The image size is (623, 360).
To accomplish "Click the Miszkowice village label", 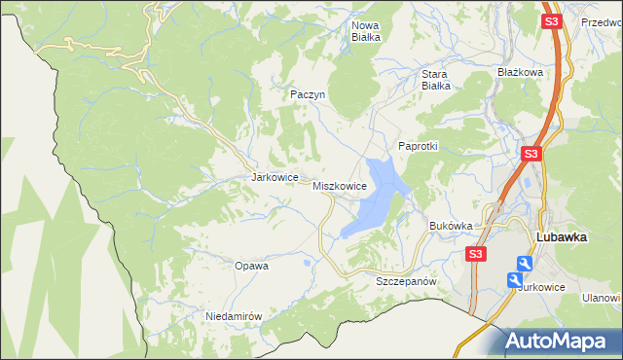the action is point(340,185).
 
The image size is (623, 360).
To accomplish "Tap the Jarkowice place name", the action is point(274,178).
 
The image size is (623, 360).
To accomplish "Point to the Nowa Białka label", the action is point(366,30).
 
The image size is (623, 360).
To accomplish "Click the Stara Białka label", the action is point(434,79).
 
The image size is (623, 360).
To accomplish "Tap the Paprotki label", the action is point(419,146).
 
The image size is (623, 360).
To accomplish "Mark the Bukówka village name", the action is point(451,226).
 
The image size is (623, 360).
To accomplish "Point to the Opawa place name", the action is point(251,265).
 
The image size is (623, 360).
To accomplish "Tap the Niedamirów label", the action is point(235,317).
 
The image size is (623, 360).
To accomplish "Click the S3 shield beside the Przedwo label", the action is point(553,21).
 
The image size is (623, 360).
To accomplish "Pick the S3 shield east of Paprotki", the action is point(531,154).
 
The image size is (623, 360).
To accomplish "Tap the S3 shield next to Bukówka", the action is point(474,254).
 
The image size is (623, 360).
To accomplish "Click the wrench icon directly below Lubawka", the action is point(525,263).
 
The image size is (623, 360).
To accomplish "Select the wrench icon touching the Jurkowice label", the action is point(515,279).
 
